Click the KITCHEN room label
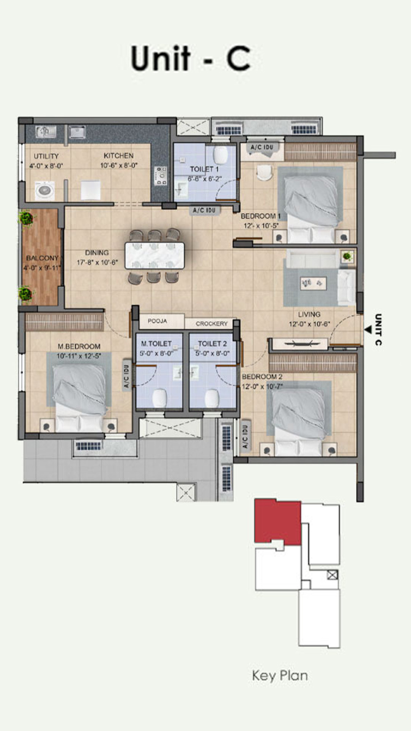(x=119, y=156)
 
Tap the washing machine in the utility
(x=45, y=190)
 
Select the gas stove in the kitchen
(x=160, y=176)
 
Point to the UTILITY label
(x=46, y=156)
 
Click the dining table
(x=155, y=255)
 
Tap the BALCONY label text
(x=42, y=258)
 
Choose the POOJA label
(x=157, y=321)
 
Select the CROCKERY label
(x=212, y=324)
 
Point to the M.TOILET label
(x=156, y=343)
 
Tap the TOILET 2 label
(x=212, y=343)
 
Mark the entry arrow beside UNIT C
(x=368, y=330)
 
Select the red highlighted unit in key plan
(x=278, y=522)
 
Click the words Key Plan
(x=280, y=675)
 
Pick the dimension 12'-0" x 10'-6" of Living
(x=309, y=324)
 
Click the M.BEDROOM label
(x=79, y=346)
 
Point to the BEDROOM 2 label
(x=262, y=377)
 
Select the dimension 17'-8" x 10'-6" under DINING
(x=97, y=262)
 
